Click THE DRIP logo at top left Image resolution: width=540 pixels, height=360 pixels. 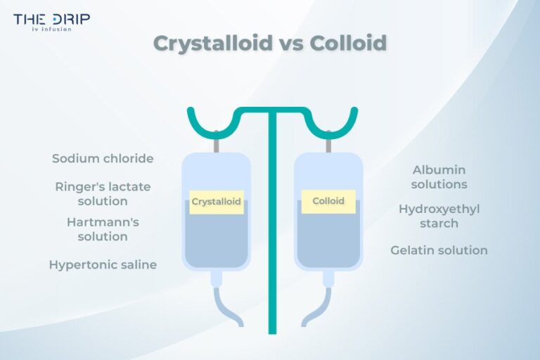[x=51, y=21]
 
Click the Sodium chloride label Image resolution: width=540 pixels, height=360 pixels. [x=103, y=159]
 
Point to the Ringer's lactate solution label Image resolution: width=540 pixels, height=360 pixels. [x=103, y=194]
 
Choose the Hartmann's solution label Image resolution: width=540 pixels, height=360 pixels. [x=103, y=229]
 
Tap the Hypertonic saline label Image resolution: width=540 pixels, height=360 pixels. [x=103, y=265]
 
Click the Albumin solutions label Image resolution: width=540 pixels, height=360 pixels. [x=439, y=177]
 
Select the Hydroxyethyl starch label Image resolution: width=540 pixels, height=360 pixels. [x=439, y=216]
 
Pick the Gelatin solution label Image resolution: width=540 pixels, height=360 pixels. [x=439, y=250]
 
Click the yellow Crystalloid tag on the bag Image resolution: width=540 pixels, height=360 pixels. [x=217, y=202]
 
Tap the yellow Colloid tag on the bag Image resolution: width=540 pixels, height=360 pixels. [x=328, y=201]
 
